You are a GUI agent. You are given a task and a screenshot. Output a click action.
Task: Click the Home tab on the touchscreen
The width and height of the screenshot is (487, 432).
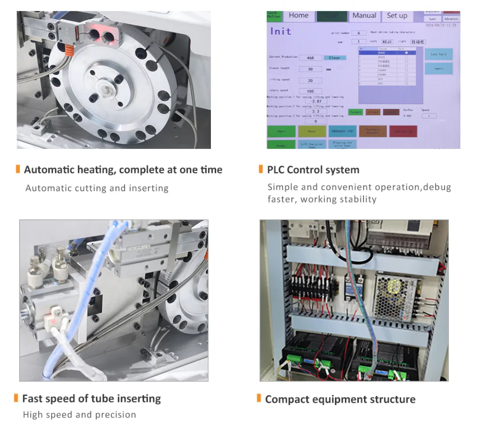click(298, 16)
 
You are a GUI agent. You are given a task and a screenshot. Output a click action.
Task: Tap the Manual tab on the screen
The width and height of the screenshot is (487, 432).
click(364, 16)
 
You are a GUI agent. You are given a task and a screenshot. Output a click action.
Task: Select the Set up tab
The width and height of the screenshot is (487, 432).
click(397, 16)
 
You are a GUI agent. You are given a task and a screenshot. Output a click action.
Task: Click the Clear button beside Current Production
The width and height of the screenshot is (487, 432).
click(334, 58)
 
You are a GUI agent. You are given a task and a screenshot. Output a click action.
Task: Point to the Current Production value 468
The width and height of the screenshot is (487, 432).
click(310, 58)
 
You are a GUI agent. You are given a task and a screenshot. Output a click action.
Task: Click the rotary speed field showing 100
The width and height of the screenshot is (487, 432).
click(310, 92)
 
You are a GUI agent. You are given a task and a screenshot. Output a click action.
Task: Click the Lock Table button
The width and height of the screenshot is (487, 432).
click(438, 55)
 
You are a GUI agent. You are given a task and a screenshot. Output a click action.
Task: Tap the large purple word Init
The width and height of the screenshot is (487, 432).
click(281, 31)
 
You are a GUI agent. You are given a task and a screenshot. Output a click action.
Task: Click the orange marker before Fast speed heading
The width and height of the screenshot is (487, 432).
click(17, 398)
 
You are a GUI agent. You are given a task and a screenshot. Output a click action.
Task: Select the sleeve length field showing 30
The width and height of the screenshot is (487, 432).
click(310, 69)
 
